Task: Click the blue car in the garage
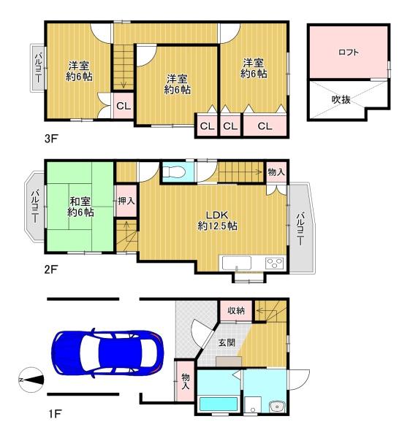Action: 107,353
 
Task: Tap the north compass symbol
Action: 31,380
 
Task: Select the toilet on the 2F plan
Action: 174,172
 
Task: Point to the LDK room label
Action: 217,215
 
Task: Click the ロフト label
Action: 348,53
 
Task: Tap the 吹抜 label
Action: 341,99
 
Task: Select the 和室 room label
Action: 80,201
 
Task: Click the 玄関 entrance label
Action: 227,342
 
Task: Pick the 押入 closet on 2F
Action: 126,200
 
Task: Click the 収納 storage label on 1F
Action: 236,310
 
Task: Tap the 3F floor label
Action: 51,139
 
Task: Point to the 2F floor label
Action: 51,269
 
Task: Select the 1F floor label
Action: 55,414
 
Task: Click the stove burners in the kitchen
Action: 274,263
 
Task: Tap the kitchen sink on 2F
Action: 237,263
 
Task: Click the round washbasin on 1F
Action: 278,407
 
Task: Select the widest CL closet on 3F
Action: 265,126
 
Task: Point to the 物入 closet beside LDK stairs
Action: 276,172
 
